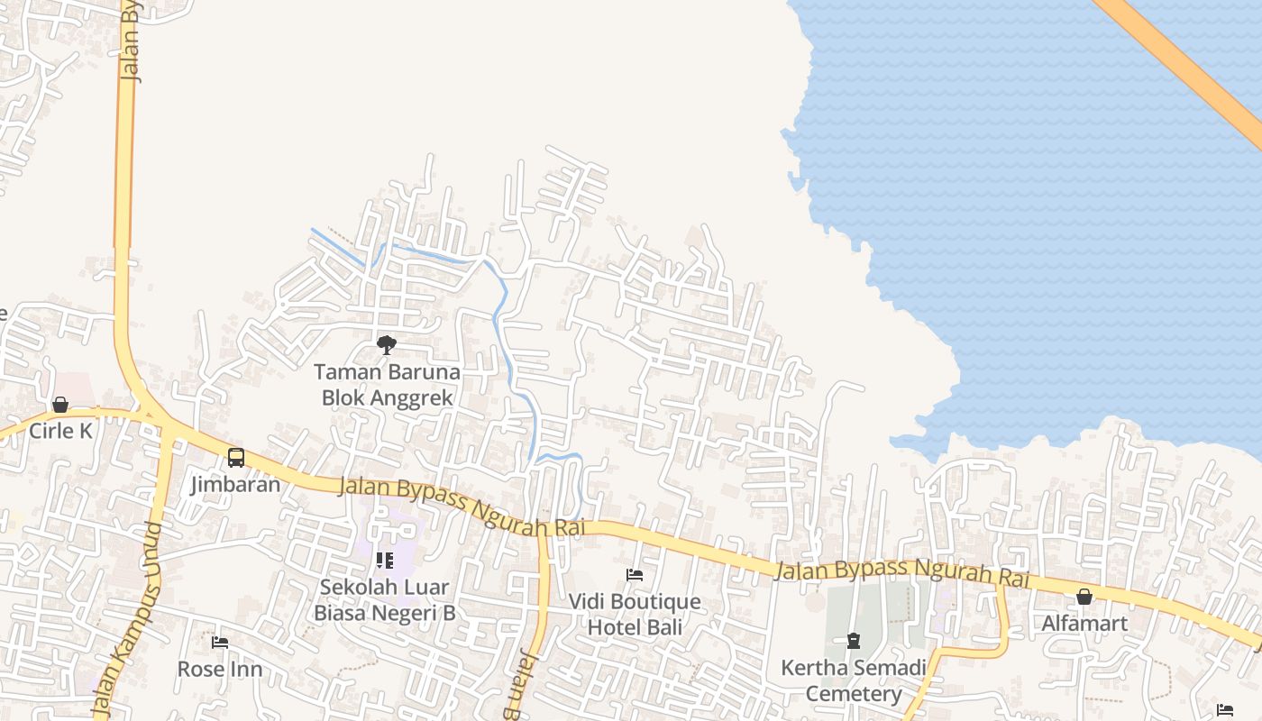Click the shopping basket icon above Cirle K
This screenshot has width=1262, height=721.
coord(60,405)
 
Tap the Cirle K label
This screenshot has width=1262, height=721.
coord(60,431)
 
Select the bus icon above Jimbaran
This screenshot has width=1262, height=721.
coord(235,458)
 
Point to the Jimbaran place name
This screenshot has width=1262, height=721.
coord(235,484)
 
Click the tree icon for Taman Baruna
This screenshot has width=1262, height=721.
coord(387,344)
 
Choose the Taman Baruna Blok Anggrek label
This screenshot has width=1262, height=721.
coord(387,385)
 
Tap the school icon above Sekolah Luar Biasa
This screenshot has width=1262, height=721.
coord(385,561)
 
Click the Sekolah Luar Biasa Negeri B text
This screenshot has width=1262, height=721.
coord(385,600)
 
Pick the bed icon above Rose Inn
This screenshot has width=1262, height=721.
coord(220,643)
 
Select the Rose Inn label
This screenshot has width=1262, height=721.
coord(220,669)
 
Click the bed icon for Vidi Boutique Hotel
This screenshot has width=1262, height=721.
coord(635,575)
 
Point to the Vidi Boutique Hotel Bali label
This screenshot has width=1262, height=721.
coord(635,614)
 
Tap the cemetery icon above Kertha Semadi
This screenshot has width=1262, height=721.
coord(853,642)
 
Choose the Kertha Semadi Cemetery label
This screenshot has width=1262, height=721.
coord(853,680)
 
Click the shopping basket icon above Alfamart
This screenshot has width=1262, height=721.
coord(1084,597)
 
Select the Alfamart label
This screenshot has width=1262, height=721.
coord(1084,623)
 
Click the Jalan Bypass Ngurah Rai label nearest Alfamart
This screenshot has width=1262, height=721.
coord(901,571)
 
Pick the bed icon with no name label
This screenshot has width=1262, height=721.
coord(1224,710)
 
